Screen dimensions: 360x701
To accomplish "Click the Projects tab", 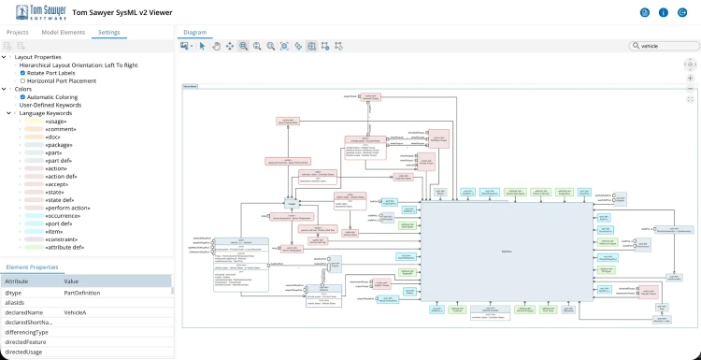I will pyautogui.click(x=17, y=32).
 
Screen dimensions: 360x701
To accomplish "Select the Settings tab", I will pyautogui.click(x=108, y=32).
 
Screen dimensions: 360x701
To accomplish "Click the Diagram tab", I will pyautogui.click(x=194, y=32).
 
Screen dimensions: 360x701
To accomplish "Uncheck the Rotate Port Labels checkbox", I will pyautogui.click(x=23, y=73).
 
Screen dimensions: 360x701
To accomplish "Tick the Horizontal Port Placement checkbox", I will pyautogui.click(x=23, y=81).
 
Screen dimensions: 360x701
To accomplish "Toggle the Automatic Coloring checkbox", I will pyautogui.click(x=23, y=97).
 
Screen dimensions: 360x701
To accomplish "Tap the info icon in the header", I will pyautogui.click(x=664, y=12).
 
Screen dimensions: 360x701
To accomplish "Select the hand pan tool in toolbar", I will pyautogui.click(x=216, y=46).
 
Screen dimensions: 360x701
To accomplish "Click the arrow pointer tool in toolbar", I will pyautogui.click(x=203, y=46).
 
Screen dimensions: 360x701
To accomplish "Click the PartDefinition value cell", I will pyautogui.click(x=81, y=292).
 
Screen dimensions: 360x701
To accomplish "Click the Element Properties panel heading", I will pyautogui.click(x=32, y=267).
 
